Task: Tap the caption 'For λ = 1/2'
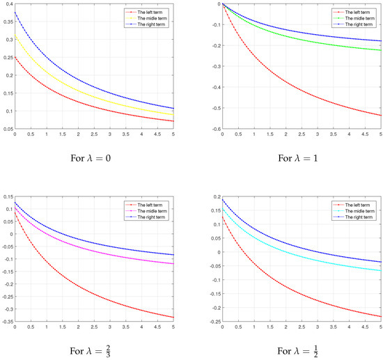point(295,346)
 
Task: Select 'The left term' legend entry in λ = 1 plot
point(352,12)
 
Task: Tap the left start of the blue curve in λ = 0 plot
point(15,12)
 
